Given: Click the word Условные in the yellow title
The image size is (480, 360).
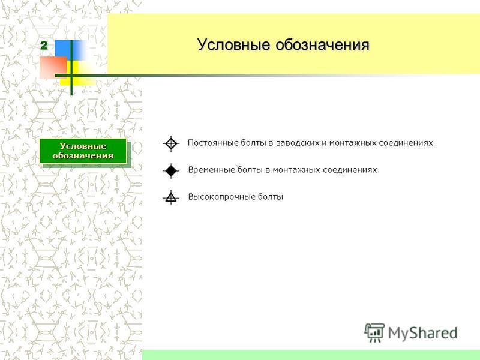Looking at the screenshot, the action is [x=233, y=44].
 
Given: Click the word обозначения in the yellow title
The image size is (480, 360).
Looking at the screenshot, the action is [x=322, y=44].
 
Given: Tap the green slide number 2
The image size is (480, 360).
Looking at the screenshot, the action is [x=44, y=46].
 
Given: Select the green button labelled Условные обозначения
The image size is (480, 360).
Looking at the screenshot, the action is [x=83, y=151].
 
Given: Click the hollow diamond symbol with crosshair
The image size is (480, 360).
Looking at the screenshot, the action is [x=171, y=143].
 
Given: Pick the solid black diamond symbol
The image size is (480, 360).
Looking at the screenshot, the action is [x=171, y=170].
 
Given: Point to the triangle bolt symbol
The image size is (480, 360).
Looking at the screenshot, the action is [x=171, y=197].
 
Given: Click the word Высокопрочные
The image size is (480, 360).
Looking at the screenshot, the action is [x=221, y=197].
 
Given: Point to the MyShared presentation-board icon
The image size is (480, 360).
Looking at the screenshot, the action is [x=374, y=332].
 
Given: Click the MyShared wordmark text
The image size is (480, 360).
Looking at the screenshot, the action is [x=423, y=333].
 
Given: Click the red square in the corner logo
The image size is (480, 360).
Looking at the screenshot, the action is [x=53, y=67].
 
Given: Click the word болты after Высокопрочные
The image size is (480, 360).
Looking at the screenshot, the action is [x=271, y=197].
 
